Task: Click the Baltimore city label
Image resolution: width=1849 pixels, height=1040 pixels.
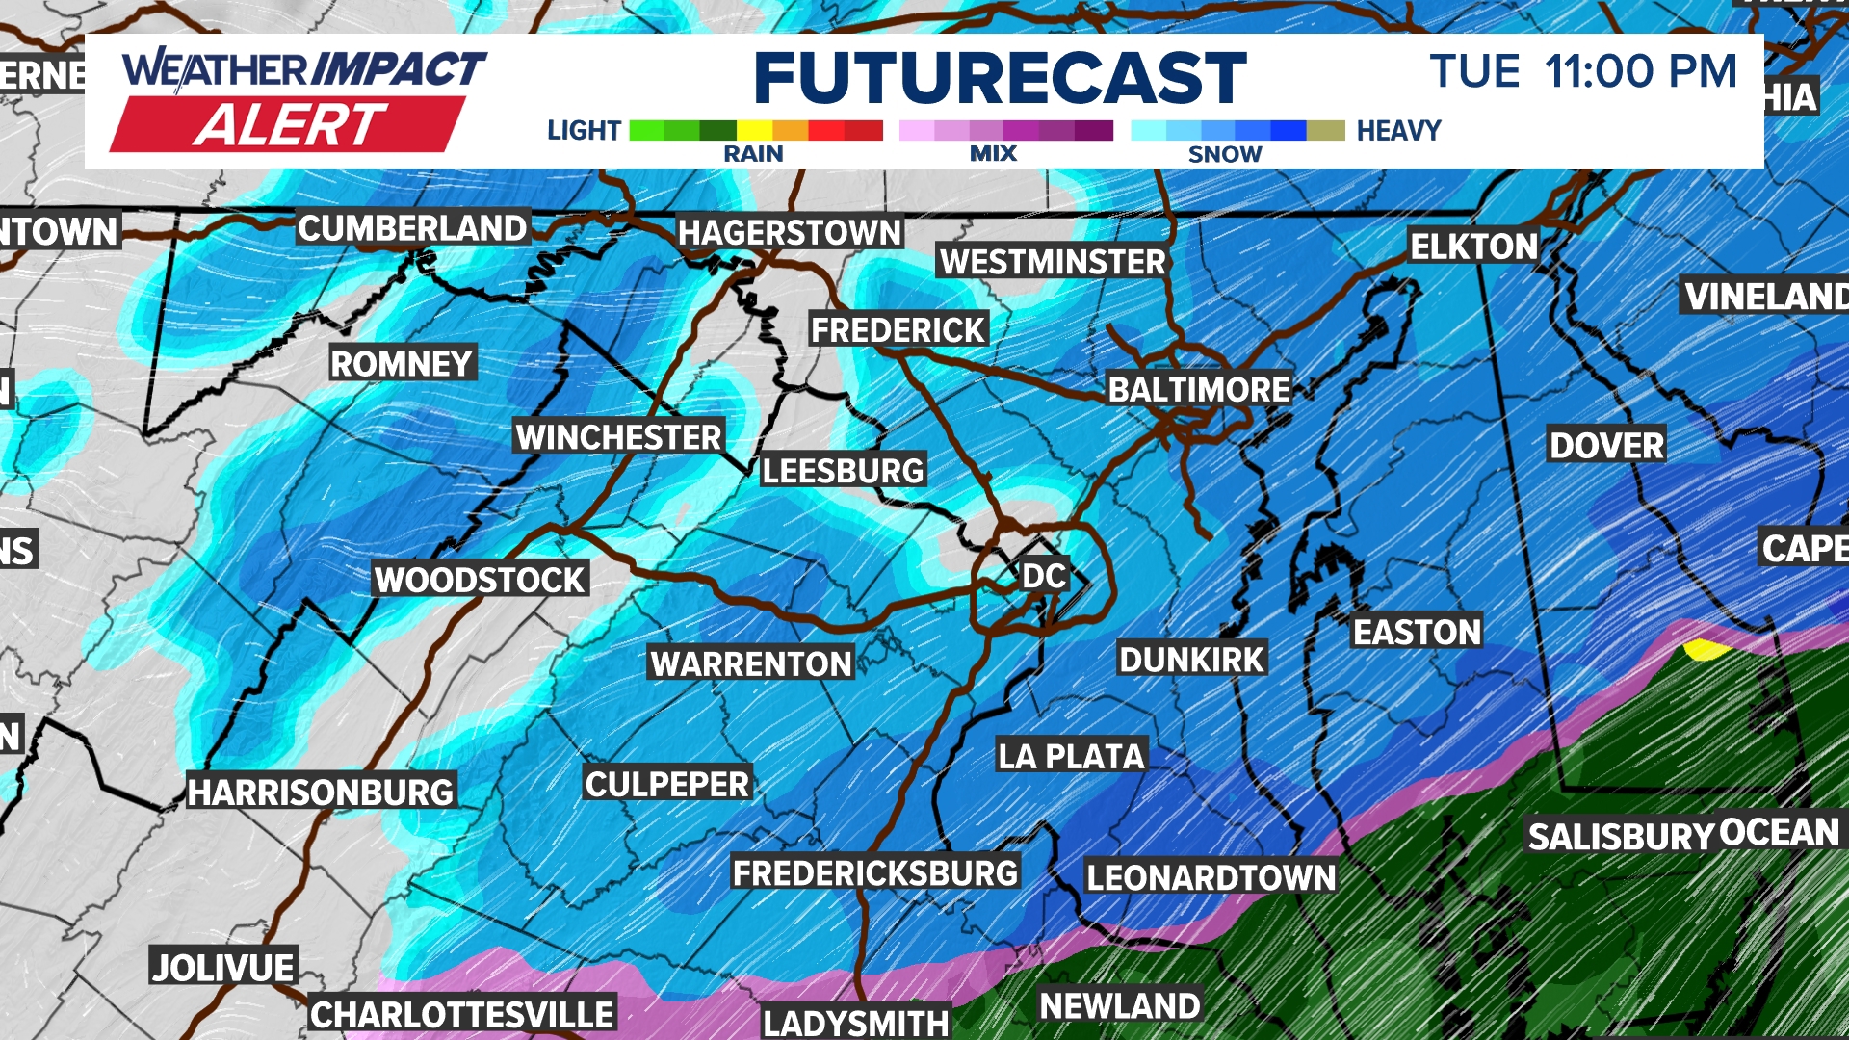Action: [x=1198, y=390]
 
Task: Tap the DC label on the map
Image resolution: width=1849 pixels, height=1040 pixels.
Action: [x=1044, y=576]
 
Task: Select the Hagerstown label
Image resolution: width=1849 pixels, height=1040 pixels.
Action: [x=789, y=233]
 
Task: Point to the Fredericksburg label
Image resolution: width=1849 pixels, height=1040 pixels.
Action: [x=874, y=873]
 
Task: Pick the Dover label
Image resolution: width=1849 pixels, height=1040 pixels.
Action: [x=1605, y=446]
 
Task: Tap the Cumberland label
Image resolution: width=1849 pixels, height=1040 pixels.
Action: [x=412, y=229]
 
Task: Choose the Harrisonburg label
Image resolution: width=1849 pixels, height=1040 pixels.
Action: [x=321, y=793]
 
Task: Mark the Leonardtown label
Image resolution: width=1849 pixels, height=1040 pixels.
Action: [x=1211, y=877]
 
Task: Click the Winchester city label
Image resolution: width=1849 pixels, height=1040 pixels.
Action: [x=618, y=437]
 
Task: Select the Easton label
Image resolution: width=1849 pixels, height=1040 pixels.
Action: [x=1417, y=633]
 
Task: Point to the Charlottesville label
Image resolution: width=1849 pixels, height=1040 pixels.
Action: [x=462, y=1015]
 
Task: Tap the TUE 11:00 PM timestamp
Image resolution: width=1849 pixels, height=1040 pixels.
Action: [x=1583, y=72]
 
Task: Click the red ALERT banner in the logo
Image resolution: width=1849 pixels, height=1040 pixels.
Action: [x=289, y=125]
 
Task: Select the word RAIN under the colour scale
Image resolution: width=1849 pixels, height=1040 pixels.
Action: [x=753, y=154]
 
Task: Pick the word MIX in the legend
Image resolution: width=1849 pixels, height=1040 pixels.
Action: [x=993, y=154]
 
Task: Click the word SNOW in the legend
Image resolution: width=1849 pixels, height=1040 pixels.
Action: [x=1224, y=154]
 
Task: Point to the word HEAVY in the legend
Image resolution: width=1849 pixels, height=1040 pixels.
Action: [x=1398, y=131]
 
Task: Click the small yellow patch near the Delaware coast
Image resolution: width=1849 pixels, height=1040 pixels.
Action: [x=1705, y=649]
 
